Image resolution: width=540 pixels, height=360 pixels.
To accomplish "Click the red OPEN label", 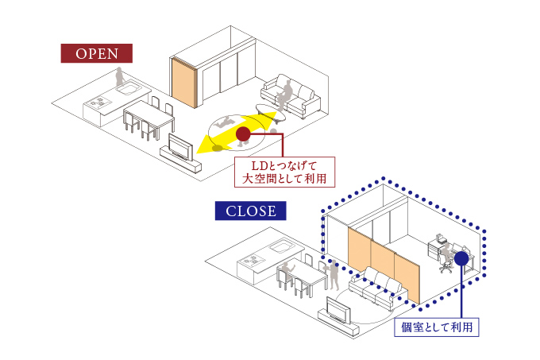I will pyautogui.click(x=97, y=53).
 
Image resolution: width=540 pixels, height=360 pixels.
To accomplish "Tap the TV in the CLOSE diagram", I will pyautogui.click(x=340, y=308).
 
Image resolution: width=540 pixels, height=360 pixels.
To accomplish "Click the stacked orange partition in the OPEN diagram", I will pyautogui.click(x=186, y=83).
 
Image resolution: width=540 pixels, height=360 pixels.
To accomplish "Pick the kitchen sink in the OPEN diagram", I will pyautogui.click(x=129, y=90).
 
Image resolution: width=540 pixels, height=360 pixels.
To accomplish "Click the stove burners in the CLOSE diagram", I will pyautogui.click(x=253, y=261).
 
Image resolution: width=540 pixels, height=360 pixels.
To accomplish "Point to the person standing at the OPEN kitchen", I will pyautogui.click(x=119, y=79).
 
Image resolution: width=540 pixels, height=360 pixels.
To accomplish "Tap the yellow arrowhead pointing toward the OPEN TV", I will pyautogui.click(x=205, y=145).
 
